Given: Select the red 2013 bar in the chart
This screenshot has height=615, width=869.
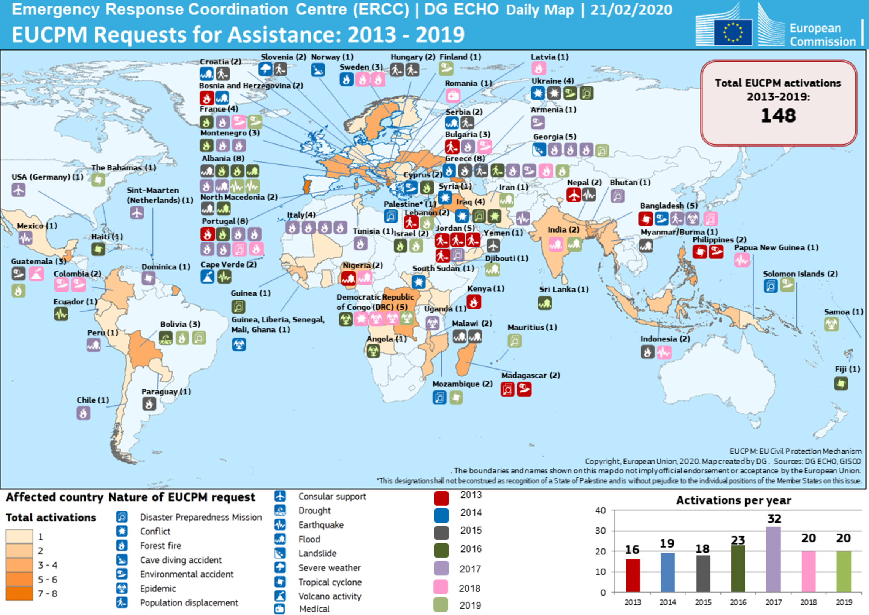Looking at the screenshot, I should tap(633, 575).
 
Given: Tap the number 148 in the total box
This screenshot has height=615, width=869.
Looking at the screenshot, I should tap(778, 115).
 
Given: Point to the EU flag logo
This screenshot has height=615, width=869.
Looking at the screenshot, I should tap(733, 32).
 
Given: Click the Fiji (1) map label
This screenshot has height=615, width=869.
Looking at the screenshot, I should tap(847, 369).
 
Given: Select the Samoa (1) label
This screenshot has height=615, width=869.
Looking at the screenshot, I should tap(843, 312).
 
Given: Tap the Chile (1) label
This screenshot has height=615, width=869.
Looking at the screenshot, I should tap(93, 400).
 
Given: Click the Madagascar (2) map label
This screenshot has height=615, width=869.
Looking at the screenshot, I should tap(530, 375).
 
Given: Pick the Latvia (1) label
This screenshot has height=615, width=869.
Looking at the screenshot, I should tap(549, 57).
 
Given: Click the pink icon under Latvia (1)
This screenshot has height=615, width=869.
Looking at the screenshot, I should tap(538, 69).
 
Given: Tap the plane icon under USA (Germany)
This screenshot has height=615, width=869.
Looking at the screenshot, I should tap(18, 189).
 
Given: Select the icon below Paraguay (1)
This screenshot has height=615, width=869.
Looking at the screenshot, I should tap(149, 403).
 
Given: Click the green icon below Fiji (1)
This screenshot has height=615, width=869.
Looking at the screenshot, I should tap(841, 383).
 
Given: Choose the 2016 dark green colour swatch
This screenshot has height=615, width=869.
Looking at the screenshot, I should tap(441, 550).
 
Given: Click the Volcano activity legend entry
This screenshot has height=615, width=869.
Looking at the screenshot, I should tap(330, 596).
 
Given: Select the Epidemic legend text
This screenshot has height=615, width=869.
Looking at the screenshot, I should tap(158, 588).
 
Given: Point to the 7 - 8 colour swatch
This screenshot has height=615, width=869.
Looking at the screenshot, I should tap(19, 593).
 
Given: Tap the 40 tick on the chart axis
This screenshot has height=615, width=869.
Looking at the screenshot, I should tap(600, 510).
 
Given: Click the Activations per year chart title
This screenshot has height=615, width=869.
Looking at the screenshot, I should tap(733, 500).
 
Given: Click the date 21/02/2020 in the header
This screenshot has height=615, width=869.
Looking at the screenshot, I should tap(631, 10).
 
